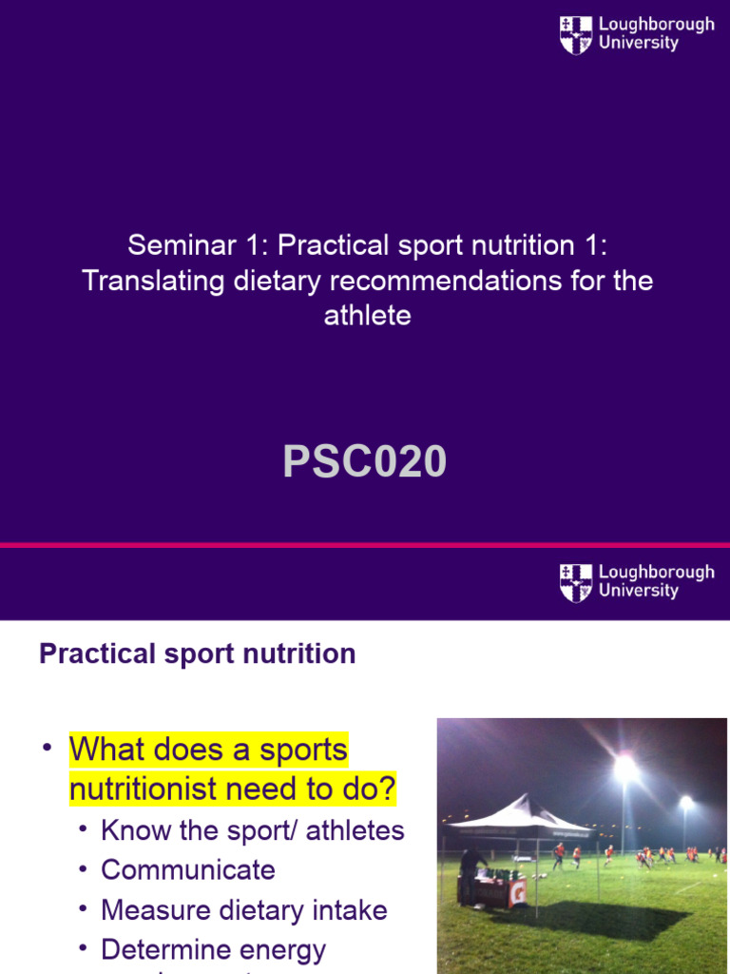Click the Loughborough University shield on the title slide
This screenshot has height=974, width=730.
(576, 35)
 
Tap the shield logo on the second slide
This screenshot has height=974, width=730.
(576, 583)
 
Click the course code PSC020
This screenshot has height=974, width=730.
(365, 462)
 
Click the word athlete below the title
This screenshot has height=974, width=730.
(367, 316)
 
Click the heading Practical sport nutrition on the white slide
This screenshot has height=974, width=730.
(198, 654)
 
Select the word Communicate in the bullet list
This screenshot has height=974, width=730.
(188, 870)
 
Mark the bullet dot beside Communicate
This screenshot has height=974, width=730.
(84, 868)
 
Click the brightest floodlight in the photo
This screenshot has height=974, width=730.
(624, 766)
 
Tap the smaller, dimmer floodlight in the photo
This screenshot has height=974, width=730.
(685, 804)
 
